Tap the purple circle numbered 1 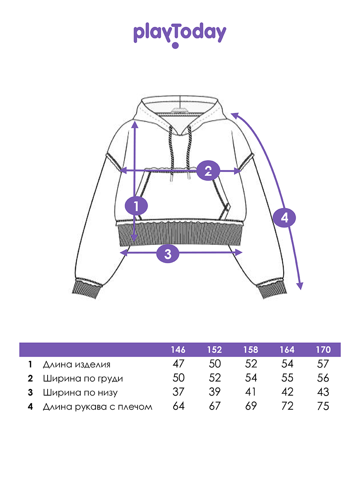[x=136, y=206]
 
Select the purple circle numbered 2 [x=208, y=171]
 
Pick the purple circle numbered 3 [x=168, y=253]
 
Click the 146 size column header [x=178, y=350]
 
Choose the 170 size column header [x=323, y=350]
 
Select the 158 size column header [x=251, y=350]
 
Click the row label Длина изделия [x=76, y=364]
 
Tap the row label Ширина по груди [x=82, y=378]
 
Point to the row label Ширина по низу [x=80, y=392]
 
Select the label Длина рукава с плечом [x=97, y=407]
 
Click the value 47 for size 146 [x=178, y=364]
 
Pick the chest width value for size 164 [x=287, y=378]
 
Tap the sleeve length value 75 [x=323, y=406]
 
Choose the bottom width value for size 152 [x=214, y=392]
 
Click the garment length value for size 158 [x=251, y=364]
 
